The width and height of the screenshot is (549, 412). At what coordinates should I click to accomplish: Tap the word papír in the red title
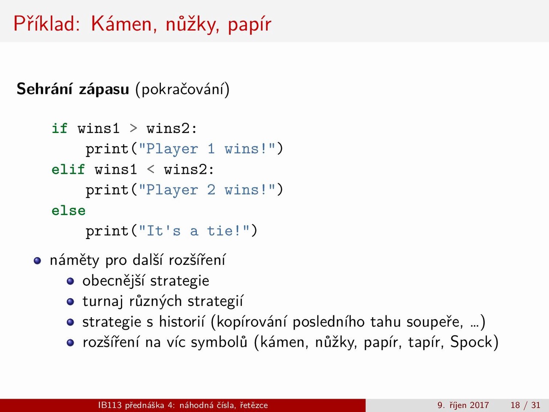tap(249, 25)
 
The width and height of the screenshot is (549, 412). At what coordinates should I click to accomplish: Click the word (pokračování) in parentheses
tap(182, 89)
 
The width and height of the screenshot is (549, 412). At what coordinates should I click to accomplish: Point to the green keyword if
tap(60, 128)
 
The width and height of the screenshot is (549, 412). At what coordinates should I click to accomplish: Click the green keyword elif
tap(68, 169)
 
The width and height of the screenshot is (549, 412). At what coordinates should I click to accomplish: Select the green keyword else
tap(69, 210)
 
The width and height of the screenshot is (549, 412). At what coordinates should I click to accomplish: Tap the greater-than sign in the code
tap(133, 128)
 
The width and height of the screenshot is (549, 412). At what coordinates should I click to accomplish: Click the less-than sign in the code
tap(151, 170)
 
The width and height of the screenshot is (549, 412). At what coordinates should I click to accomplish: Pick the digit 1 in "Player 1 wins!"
tap(211, 149)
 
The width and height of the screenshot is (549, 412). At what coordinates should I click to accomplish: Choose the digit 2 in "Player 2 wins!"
tap(211, 190)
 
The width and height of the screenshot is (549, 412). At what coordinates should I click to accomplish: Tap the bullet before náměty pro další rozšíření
tap(37, 261)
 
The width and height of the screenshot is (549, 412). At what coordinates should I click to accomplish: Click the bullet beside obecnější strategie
tap(70, 281)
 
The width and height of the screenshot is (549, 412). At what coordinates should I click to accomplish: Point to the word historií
tap(182, 321)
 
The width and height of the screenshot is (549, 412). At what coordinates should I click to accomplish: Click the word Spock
tap(471, 342)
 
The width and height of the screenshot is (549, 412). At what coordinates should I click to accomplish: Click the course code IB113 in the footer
tap(110, 405)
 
